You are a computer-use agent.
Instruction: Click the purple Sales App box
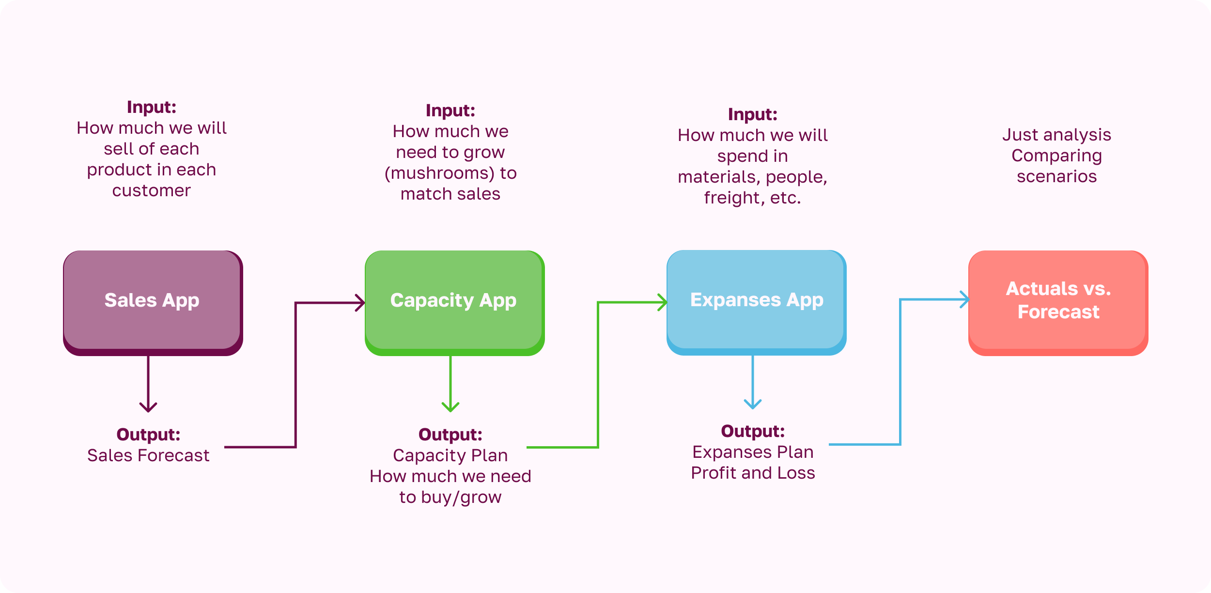click(x=153, y=301)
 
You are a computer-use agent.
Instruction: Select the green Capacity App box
click(x=454, y=301)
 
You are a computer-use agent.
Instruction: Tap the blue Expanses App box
click(x=756, y=300)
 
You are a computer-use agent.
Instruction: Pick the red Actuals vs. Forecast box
click(x=1058, y=301)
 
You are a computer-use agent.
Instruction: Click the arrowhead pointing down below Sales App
click(x=148, y=407)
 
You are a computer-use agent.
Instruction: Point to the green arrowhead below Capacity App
click(x=450, y=407)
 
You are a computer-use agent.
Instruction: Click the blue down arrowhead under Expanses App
click(x=753, y=404)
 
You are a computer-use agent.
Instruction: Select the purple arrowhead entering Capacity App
click(x=360, y=303)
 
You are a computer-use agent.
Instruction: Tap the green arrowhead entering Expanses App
click(x=663, y=302)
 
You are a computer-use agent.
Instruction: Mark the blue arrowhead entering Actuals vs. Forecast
click(x=965, y=299)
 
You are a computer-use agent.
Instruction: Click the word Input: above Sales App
click(x=152, y=107)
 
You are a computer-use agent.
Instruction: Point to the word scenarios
click(x=1056, y=176)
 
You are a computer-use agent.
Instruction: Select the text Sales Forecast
click(x=148, y=455)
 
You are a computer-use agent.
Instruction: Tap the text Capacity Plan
click(x=450, y=455)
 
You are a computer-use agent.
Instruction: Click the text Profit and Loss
click(x=753, y=473)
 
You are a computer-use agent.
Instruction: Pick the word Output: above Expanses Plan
click(x=753, y=431)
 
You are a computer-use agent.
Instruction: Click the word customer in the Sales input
click(x=152, y=190)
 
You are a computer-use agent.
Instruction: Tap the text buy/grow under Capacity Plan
click(x=461, y=498)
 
